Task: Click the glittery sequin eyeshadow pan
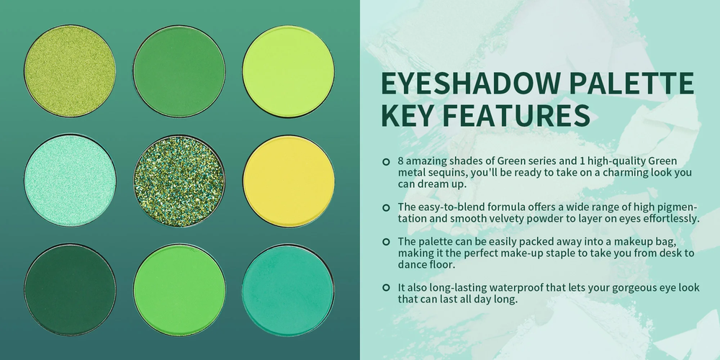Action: coord(179,181)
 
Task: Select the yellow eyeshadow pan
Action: coord(289,181)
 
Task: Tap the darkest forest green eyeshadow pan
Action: coord(70,289)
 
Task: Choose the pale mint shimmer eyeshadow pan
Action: coord(70,181)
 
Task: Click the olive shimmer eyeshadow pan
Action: coord(70,71)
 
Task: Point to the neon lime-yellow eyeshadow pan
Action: coord(289,71)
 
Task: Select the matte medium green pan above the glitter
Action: coord(179,71)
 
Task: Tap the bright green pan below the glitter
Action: coord(179,290)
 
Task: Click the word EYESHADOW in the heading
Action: coord(471,83)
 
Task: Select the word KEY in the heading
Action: coord(408,115)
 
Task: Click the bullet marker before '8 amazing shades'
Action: coord(386,161)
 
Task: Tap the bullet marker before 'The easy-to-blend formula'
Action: coord(386,207)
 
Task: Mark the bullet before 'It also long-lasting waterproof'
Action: coord(386,288)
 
